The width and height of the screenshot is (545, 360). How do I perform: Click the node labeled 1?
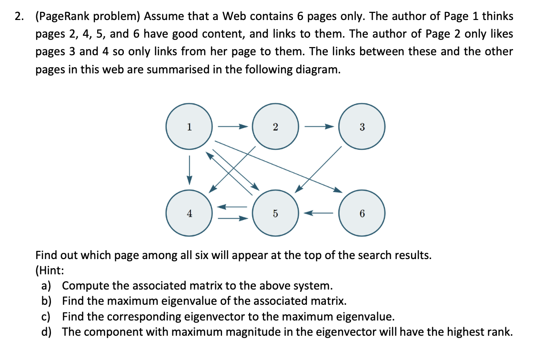[189, 127]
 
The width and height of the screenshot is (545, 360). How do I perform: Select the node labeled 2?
[275, 127]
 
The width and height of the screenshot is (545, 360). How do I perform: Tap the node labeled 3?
[362, 127]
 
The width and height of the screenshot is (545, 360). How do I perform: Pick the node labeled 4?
[189, 213]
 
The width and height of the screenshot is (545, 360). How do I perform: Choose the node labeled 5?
[275, 213]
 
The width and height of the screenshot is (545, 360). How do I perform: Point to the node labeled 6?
[362, 213]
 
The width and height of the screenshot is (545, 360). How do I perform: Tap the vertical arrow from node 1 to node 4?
[189, 170]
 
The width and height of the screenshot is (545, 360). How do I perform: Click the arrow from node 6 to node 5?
[318, 213]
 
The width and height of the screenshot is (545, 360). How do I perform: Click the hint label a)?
[47, 286]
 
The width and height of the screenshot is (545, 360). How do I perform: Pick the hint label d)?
[47, 331]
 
